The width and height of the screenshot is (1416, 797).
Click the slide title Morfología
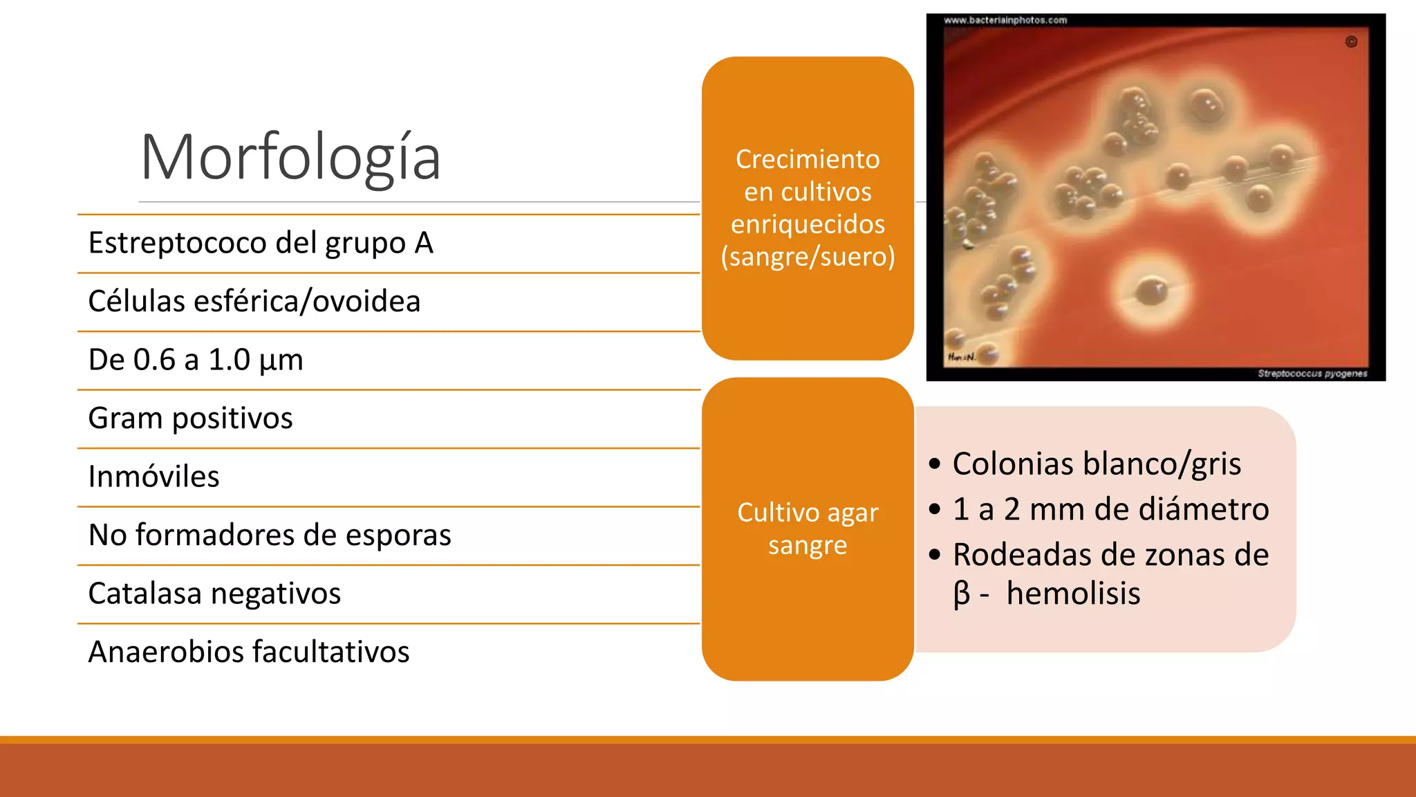290,158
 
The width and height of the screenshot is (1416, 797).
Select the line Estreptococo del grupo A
261,244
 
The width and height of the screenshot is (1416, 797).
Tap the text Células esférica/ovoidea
254,302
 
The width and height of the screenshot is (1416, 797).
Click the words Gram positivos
191,419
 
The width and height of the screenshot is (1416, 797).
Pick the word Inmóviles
154,477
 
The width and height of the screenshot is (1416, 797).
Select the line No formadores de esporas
270,535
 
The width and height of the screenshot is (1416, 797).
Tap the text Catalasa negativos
215,594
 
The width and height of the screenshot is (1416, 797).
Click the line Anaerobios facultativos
249,652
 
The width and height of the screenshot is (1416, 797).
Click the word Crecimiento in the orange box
808,159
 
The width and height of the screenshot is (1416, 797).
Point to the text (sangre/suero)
808,257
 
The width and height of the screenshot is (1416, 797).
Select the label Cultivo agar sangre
808,529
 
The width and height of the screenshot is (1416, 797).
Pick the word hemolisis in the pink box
1073,594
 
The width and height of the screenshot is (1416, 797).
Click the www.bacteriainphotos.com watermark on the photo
1005,20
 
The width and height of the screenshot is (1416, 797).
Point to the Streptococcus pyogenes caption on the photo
1312,374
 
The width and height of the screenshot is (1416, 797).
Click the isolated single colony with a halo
1151,291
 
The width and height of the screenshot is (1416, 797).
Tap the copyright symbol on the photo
1351,42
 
